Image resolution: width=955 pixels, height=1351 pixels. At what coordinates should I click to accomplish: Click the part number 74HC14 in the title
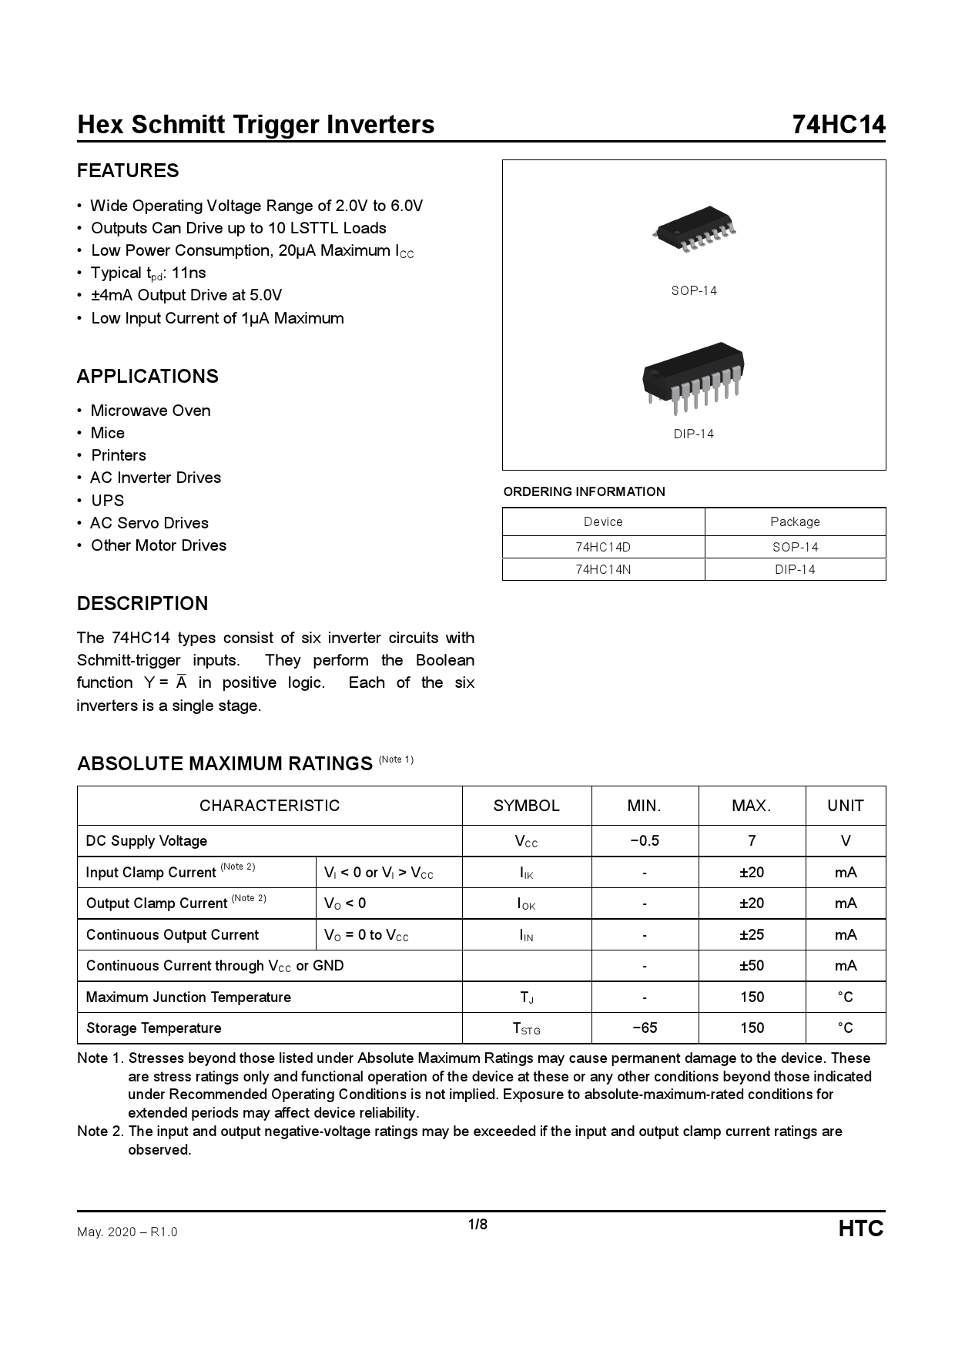point(839,125)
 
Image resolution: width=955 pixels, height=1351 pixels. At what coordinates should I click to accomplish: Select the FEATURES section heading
point(128,171)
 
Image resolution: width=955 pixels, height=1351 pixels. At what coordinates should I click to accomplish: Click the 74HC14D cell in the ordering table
point(603,547)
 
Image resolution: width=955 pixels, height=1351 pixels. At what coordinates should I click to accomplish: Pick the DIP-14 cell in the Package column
point(795,570)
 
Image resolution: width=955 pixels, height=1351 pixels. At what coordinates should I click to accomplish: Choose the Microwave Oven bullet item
point(150,411)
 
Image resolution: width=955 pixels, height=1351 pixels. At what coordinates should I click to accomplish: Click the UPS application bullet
point(107,501)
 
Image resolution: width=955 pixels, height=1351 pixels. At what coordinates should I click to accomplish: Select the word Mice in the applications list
point(107,433)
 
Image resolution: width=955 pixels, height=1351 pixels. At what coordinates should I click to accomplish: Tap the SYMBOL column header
point(526,806)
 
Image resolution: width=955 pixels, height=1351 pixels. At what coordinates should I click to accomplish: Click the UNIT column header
point(845,806)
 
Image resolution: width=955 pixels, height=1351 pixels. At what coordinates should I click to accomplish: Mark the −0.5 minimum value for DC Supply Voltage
point(645,841)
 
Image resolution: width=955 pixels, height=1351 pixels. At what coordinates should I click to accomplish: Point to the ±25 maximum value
point(752,935)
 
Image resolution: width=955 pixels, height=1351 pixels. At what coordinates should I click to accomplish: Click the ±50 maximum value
point(752,966)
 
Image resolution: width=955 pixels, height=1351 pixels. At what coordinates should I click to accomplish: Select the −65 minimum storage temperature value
point(645,1028)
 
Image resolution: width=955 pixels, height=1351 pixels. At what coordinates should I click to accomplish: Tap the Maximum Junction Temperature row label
point(189,997)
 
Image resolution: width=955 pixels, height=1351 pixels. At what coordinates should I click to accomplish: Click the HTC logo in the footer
point(861,1229)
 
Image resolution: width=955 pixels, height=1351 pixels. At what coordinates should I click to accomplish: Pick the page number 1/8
point(477,1225)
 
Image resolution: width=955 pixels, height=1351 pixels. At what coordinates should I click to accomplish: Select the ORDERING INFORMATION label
point(584,492)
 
